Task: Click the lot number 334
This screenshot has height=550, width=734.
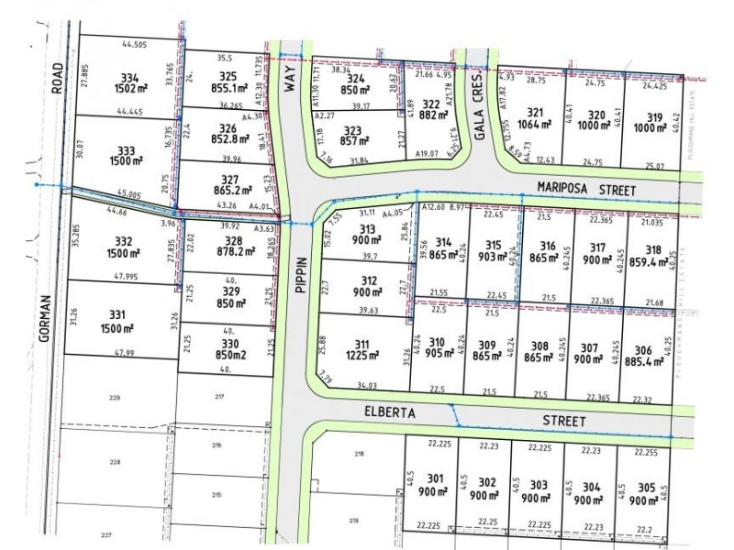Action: pyautogui.click(x=130, y=76)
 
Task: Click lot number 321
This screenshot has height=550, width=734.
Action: pyautogui.click(x=537, y=115)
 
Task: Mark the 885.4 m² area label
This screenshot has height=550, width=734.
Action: pyautogui.click(x=641, y=360)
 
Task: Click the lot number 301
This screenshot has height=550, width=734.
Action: pyautogui.click(x=435, y=478)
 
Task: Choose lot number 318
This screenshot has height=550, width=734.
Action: pyautogui.click(x=653, y=248)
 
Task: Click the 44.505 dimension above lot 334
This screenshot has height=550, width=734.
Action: pyautogui.click(x=134, y=45)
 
